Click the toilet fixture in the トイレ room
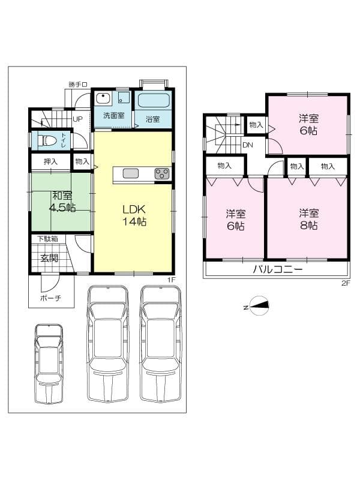point(47,141)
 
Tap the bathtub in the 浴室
point(154,100)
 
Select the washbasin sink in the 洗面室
point(103,98)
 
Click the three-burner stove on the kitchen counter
point(162,173)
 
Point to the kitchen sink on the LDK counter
point(131,173)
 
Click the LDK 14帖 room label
point(134,215)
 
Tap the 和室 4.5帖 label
point(62,202)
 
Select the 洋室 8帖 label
point(308,218)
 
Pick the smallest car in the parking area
point(49,364)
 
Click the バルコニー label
point(278,269)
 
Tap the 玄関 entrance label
point(50,258)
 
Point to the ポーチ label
point(50,297)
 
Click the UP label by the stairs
point(77,119)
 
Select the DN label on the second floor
point(248,145)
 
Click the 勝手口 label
point(78,85)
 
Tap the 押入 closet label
point(50,161)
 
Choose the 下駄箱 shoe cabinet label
point(47,239)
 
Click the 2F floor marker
point(346,283)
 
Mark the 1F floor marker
point(171,280)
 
